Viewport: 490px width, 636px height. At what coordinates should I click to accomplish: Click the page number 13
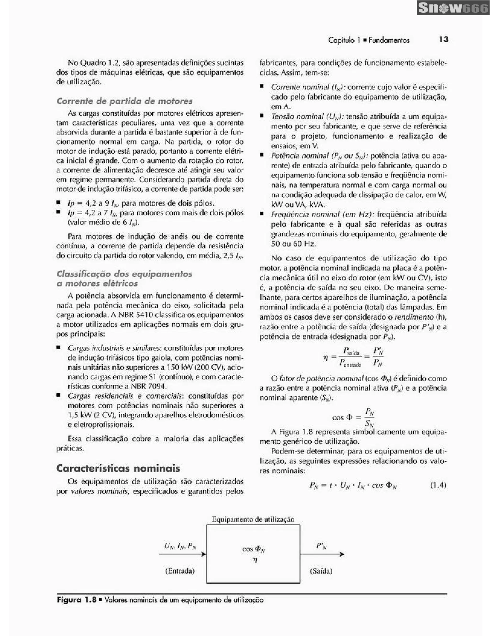tap(443, 40)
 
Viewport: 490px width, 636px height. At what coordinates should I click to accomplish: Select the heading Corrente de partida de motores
tap(124, 101)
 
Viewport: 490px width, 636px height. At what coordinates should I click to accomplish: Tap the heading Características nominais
tap(118, 468)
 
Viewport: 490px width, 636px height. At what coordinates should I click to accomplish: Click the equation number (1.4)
tap(438, 485)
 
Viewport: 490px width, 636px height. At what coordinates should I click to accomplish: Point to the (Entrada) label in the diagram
tap(180, 571)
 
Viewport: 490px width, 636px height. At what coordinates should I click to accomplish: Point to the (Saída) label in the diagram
tap(321, 571)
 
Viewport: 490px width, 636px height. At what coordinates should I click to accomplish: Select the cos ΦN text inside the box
tap(253, 549)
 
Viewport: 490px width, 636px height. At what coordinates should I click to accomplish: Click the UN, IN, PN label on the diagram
tap(180, 546)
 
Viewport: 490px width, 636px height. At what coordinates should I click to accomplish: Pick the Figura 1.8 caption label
tap(77, 600)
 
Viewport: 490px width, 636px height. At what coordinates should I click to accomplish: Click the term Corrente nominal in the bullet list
tap(300, 87)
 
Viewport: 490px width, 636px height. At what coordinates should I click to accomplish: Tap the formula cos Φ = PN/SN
tap(353, 417)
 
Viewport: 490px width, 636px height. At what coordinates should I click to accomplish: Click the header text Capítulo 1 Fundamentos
tap(368, 40)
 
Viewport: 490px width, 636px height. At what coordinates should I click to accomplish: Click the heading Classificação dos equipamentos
tap(124, 274)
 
